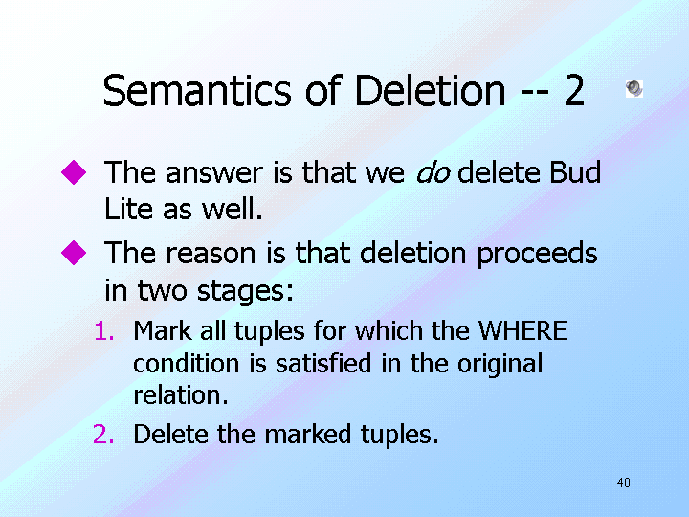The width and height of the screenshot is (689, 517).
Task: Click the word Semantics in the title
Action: (x=197, y=91)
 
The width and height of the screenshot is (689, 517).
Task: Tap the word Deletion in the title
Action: (x=430, y=91)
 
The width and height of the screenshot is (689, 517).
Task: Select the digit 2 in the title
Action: (x=574, y=91)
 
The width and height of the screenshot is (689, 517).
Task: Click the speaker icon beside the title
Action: (x=634, y=89)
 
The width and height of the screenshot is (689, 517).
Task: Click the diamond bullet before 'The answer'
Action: (x=74, y=172)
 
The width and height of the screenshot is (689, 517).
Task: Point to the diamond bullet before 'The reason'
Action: (x=74, y=253)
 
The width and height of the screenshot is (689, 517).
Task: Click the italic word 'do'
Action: (x=433, y=172)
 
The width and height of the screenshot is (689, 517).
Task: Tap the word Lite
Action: (x=129, y=209)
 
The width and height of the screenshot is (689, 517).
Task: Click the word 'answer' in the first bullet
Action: (x=215, y=173)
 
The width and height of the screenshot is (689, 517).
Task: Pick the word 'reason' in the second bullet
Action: (x=211, y=255)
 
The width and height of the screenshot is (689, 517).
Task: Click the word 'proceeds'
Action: (x=537, y=255)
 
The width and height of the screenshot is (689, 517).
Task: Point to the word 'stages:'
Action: (x=245, y=291)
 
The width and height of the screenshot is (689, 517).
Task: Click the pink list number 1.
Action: (x=104, y=331)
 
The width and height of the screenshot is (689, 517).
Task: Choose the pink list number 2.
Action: (x=103, y=435)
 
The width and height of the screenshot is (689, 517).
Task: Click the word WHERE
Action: (x=522, y=330)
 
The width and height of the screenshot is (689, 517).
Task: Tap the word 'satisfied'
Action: (x=323, y=363)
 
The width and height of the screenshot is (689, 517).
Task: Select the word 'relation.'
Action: (x=181, y=394)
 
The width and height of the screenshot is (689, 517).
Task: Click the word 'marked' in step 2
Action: (x=307, y=435)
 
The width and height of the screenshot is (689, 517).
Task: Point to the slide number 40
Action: (x=624, y=483)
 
